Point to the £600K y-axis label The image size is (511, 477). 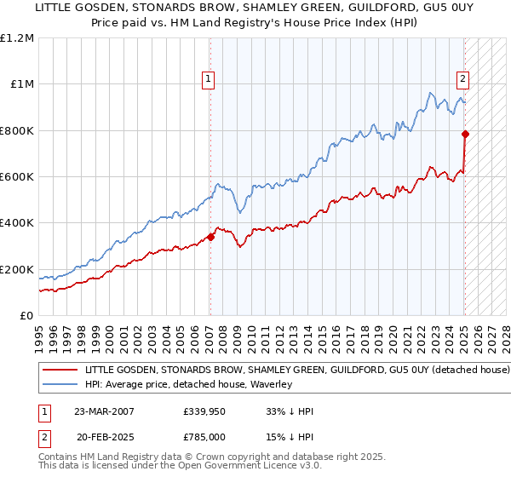(x=17, y=177)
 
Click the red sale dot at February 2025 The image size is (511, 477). (x=465, y=134)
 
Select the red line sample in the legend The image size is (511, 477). (x=60, y=371)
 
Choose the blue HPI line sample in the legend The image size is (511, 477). (x=60, y=384)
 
